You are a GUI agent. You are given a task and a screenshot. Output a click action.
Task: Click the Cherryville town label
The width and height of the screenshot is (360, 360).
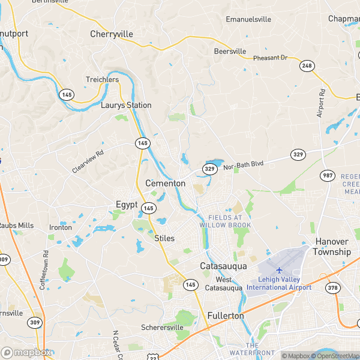click(111, 34)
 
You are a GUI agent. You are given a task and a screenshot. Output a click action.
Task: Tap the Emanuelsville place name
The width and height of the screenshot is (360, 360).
click(248, 19)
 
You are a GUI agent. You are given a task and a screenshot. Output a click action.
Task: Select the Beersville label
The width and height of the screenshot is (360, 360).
click(230, 52)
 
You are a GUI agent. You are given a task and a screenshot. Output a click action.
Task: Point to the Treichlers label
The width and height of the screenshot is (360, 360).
click(102, 79)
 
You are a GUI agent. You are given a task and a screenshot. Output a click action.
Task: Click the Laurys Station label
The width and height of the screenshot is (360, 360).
click(126, 105)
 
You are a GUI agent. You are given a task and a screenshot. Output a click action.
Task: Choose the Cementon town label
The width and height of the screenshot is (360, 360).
click(165, 183)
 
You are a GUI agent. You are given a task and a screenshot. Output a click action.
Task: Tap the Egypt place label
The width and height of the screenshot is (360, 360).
click(127, 205)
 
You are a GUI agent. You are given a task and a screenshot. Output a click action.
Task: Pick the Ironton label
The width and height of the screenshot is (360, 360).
click(61, 227)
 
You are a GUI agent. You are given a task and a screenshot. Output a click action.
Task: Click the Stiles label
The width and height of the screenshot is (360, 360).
click(164, 238)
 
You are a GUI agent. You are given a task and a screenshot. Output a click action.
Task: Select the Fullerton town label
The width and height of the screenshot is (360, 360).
click(226, 315)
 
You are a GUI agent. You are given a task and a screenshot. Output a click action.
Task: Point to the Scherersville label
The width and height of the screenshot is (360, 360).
click(161, 328)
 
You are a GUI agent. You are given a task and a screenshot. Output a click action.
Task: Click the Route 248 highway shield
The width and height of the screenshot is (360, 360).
click(308, 65)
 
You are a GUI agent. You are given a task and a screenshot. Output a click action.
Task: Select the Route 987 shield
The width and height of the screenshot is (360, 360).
click(327, 175)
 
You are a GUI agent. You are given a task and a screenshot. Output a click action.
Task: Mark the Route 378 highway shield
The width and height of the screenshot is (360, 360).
click(333, 288)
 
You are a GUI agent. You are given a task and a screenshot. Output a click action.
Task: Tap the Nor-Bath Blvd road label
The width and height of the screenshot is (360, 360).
click(244, 164)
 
